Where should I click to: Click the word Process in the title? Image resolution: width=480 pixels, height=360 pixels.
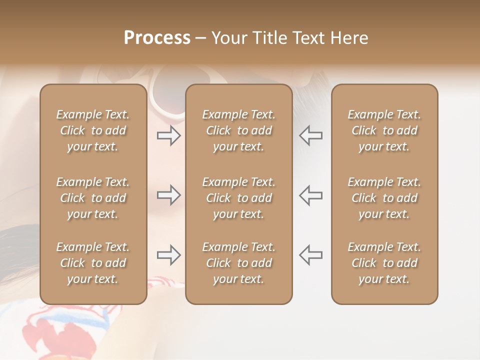157,38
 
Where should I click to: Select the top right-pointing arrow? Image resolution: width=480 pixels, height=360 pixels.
169,135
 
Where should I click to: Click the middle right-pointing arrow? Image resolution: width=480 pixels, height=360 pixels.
169,194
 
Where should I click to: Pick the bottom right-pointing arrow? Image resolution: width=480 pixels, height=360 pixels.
169,255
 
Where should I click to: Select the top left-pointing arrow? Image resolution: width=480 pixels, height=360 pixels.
310,135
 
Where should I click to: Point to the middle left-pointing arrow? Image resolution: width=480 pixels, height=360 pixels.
310,194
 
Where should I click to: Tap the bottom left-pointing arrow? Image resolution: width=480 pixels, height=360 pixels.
310,255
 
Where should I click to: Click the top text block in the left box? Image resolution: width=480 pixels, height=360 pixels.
93,130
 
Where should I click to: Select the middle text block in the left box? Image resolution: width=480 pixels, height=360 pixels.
93,198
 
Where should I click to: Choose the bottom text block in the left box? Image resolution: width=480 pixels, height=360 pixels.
93,263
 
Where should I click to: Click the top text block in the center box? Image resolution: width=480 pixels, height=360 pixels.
238,130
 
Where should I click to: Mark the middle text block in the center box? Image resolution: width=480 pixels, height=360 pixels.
238,198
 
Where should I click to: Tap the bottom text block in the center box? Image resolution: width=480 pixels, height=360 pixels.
238,263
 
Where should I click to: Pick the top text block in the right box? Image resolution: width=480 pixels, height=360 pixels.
384,130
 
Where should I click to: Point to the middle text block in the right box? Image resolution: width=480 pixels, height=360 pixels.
384,198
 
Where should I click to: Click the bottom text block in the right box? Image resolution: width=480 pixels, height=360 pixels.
384,263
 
